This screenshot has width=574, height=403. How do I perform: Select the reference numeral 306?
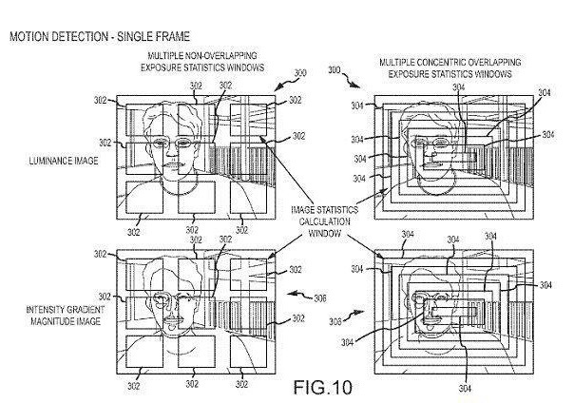(320, 297)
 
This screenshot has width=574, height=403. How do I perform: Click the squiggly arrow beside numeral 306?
(297, 292)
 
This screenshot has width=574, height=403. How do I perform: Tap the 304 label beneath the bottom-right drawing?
(465, 387)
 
